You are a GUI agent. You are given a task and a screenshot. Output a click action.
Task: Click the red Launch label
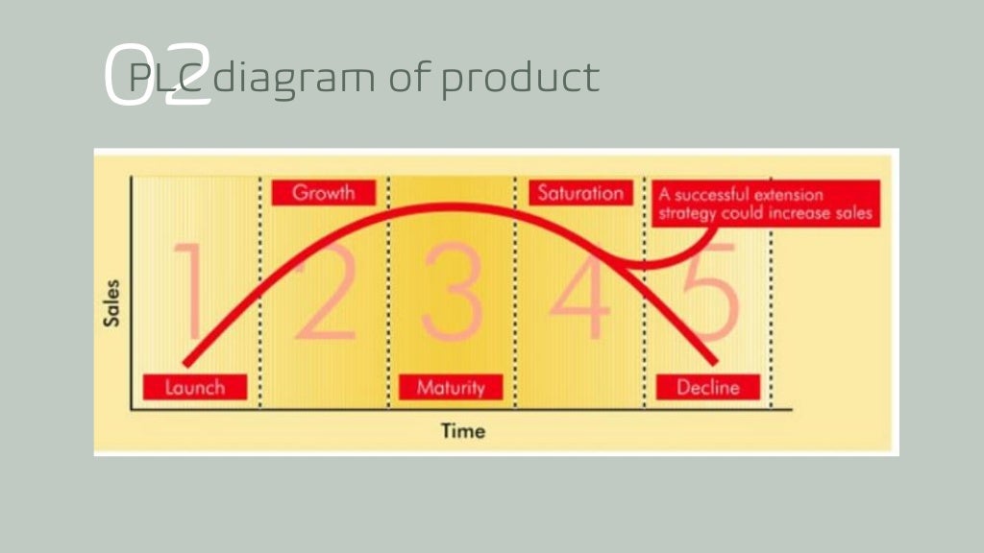pyautogui.click(x=195, y=387)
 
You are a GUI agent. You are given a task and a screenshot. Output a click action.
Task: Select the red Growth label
pyautogui.click(x=323, y=192)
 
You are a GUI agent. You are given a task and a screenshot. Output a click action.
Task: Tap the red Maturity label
pyautogui.click(x=451, y=388)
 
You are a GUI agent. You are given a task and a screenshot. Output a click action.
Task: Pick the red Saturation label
pyautogui.click(x=579, y=192)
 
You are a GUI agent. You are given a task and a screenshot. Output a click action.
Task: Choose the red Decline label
pyautogui.click(x=707, y=388)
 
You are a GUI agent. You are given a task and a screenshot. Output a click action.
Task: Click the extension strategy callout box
pyautogui.click(x=765, y=204)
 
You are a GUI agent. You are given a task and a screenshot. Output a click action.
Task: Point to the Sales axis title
pyautogui.click(x=111, y=302)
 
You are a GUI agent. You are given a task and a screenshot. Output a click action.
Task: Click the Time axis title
pyautogui.click(x=462, y=430)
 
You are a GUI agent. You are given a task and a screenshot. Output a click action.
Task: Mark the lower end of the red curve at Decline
pyautogui.click(x=714, y=362)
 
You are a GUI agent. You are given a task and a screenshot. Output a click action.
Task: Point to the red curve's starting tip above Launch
pyautogui.click(x=185, y=364)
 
